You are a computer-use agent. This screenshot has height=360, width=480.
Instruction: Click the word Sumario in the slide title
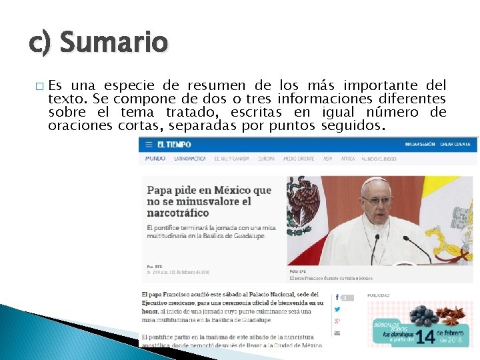(113, 42)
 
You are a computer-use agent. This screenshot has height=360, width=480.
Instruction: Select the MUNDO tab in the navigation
(155, 159)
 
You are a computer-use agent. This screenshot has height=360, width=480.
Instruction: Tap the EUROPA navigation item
(266, 159)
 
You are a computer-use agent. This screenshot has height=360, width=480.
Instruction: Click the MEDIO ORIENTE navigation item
(298, 159)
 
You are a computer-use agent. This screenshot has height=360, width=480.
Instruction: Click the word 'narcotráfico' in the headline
(178, 213)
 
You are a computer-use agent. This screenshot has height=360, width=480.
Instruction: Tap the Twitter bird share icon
(337, 309)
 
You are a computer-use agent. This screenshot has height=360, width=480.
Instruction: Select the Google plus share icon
(337, 321)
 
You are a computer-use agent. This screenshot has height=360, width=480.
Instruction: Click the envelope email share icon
(337, 333)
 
